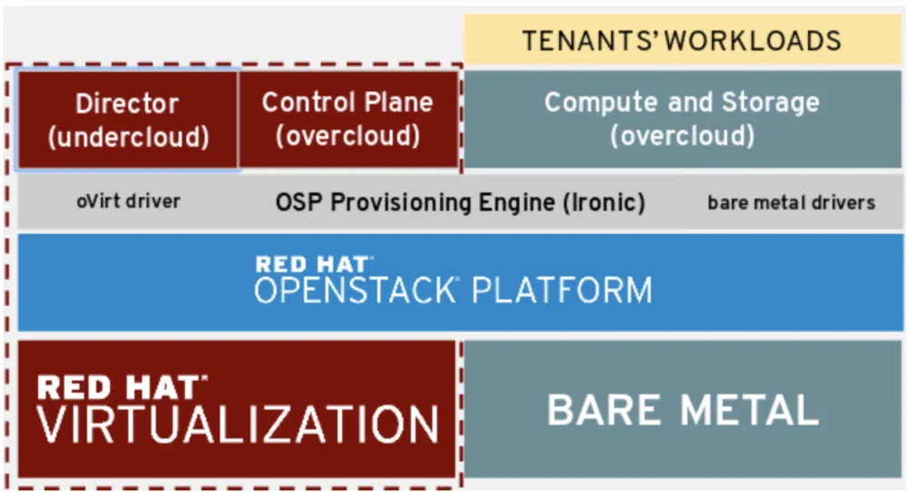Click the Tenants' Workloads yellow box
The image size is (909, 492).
(x=682, y=40)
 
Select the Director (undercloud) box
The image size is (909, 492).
(x=128, y=119)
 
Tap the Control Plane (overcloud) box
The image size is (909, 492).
(x=347, y=118)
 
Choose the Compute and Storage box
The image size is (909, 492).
(x=682, y=118)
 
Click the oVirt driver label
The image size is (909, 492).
(x=128, y=201)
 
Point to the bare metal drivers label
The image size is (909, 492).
(x=791, y=202)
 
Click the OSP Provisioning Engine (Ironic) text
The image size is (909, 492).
(x=460, y=201)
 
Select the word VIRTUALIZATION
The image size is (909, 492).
(x=238, y=425)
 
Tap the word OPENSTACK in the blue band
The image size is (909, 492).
(x=354, y=290)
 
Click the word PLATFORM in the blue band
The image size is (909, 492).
(x=562, y=290)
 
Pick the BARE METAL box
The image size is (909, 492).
(x=682, y=409)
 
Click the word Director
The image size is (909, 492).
(x=127, y=103)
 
